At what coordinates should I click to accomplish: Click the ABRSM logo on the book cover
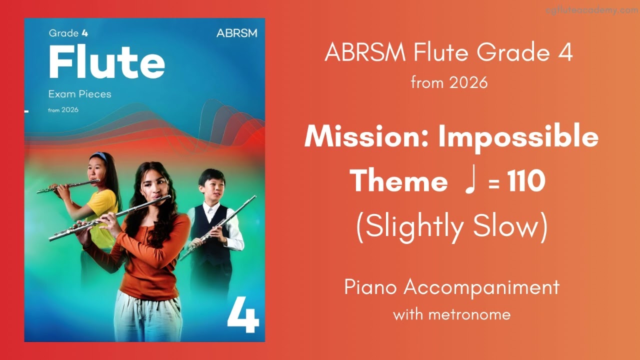point(236,33)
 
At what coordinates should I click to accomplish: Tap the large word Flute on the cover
point(106,62)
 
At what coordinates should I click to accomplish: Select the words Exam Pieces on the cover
point(79,94)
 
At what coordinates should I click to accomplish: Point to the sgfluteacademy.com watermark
point(595,10)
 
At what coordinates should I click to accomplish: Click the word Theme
point(398,181)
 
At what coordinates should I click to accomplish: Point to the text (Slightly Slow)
point(451,227)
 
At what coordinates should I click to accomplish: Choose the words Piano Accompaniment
point(451,287)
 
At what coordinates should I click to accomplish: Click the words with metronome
point(451,314)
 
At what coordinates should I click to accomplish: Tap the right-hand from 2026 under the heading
point(449,82)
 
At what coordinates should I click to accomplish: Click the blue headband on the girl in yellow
point(99,156)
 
